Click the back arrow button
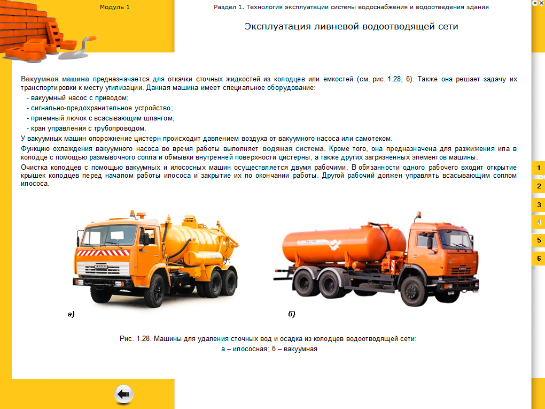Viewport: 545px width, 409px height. coord(123,395)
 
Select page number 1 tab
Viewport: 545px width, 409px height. coord(539,168)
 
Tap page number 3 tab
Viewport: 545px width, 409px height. coord(539,205)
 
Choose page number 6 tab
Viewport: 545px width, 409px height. coord(539,258)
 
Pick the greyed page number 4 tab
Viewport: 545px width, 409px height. coord(539,222)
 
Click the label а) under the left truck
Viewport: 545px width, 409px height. coord(71,314)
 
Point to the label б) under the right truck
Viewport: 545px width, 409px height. coord(292,314)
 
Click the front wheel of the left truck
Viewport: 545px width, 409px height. coord(153,289)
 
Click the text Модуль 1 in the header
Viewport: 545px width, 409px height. coord(115,7)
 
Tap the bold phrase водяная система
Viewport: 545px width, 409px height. coord(293,148)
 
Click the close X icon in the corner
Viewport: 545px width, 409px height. coord(541,3)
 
